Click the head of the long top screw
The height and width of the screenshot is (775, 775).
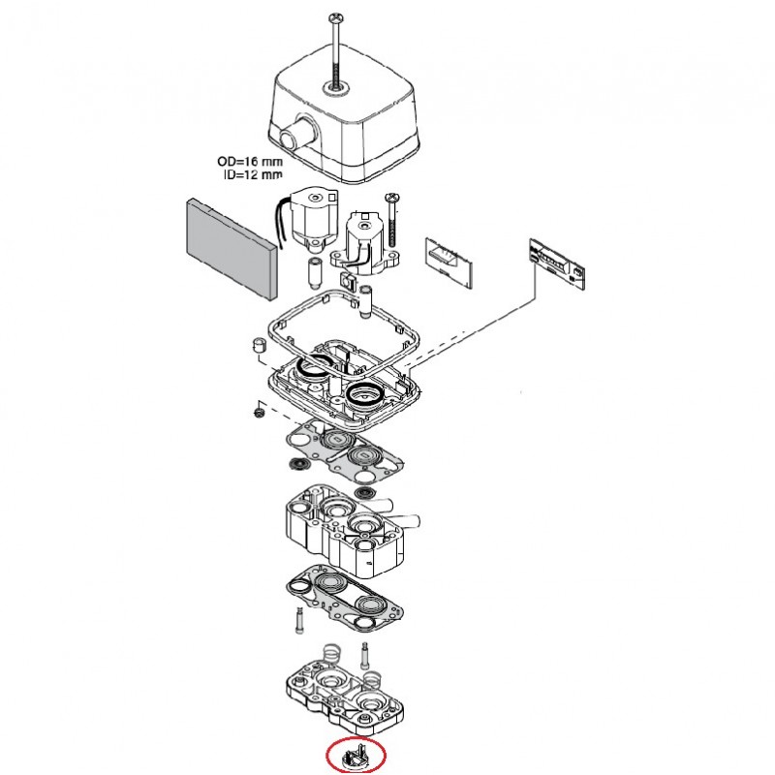click(x=336, y=16)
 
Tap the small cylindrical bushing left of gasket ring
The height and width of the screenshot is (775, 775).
click(x=260, y=346)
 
